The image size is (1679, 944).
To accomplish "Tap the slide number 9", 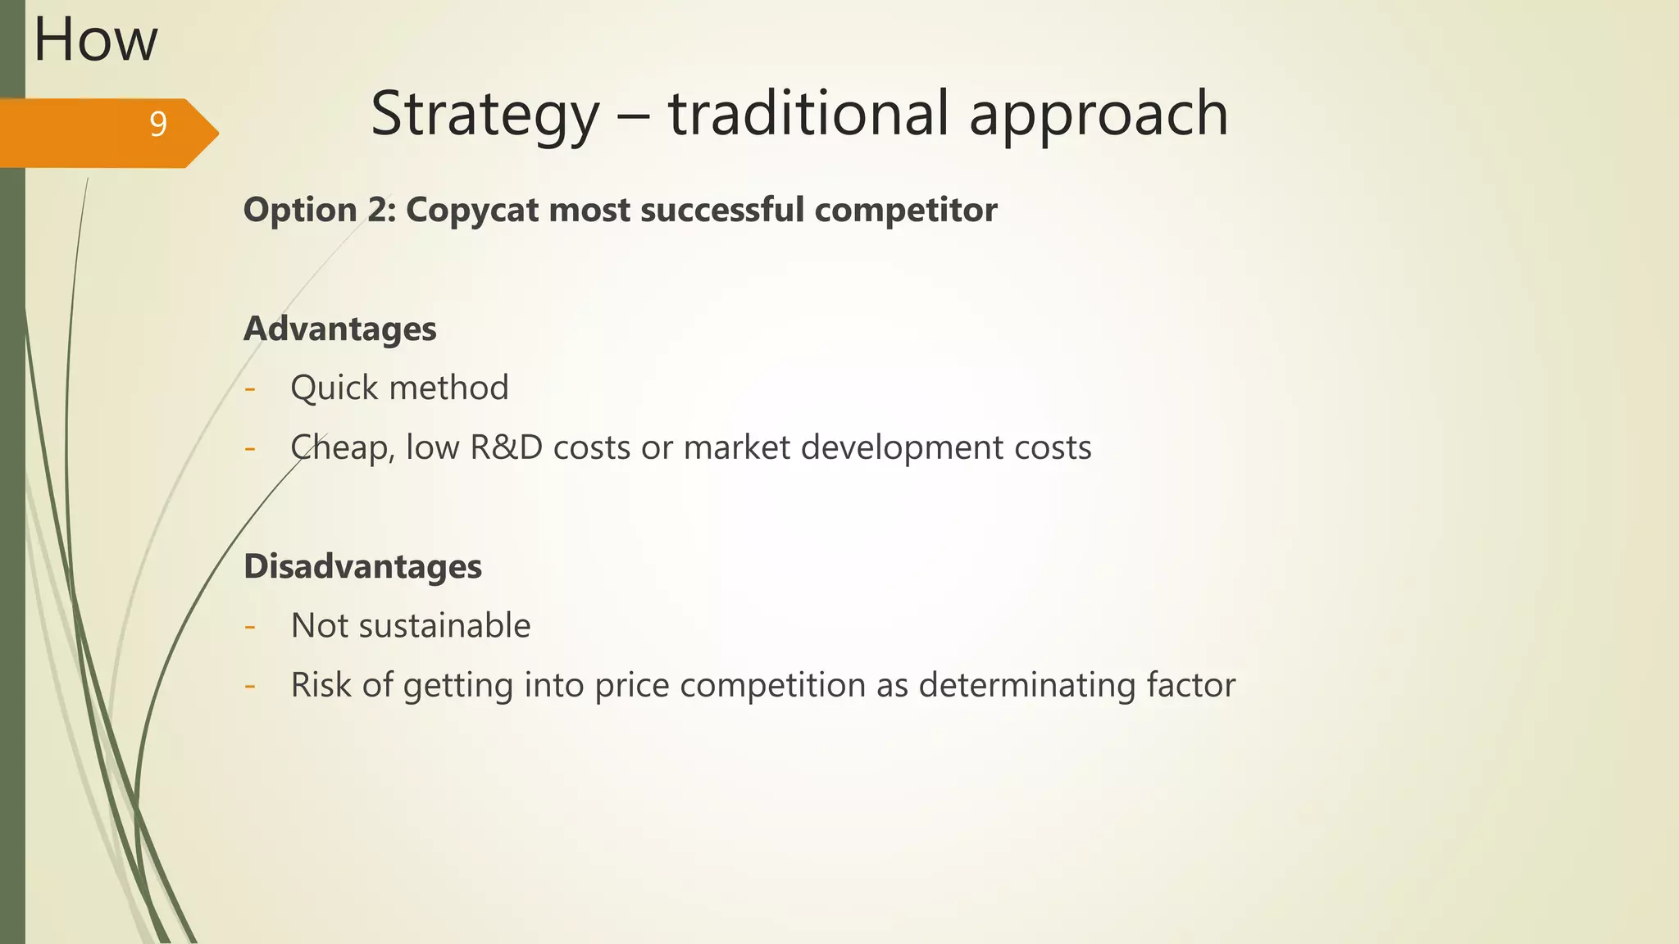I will coord(158,124).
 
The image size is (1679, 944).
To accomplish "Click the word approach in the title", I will coord(1099,115).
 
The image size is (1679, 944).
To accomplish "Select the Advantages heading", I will coord(340,329).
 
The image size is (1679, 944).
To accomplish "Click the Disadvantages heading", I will coord(362,567).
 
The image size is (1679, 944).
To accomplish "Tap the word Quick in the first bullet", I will coord(333,388).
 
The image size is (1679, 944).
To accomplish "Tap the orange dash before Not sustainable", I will coord(250,627).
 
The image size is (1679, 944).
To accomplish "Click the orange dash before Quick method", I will coord(250,388).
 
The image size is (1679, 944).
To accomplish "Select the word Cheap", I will coord(337,448).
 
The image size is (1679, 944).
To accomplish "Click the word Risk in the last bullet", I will coord(321,685).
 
